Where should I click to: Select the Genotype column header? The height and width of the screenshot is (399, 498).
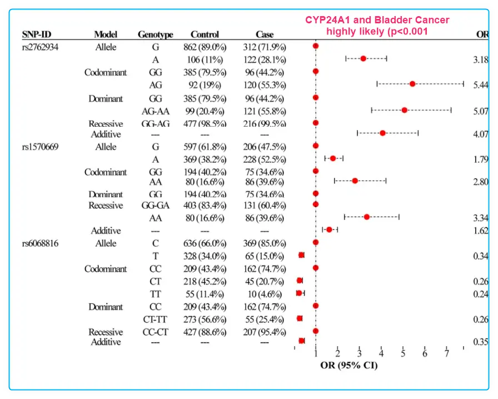pyautogui.click(x=156, y=34)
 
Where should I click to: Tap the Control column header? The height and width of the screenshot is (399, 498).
pyautogui.click(x=205, y=34)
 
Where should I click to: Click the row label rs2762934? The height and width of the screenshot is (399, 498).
pyautogui.click(x=40, y=47)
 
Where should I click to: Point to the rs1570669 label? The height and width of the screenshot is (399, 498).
pyautogui.click(x=41, y=147)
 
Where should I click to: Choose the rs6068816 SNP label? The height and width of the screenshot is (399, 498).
pyautogui.click(x=41, y=243)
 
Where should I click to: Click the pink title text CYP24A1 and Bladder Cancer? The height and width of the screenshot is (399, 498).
pyautogui.click(x=377, y=20)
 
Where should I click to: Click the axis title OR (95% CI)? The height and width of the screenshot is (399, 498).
pyautogui.click(x=348, y=366)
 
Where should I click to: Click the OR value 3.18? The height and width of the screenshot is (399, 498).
pyautogui.click(x=481, y=59)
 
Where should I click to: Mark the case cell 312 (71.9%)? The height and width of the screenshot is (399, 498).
pyautogui.click(x=264, y=47)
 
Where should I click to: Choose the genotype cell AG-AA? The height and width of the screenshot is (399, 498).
pyautogui.click(x=156, y=111)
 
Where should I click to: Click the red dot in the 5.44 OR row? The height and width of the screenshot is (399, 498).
pyautogui.click(x=412, y=84)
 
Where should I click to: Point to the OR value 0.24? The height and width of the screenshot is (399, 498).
pyautogui.click(x=481, y=295)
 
